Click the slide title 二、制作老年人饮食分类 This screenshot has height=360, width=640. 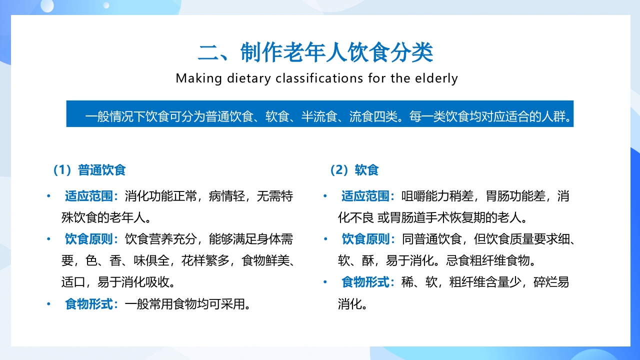point(315,52)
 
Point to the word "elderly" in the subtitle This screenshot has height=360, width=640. point(437,78)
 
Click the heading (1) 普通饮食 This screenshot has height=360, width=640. point(88,170)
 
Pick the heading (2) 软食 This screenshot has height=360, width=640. point(354,170)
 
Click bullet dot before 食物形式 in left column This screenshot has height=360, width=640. point(48,303)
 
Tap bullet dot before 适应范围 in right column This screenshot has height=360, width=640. point(325,196)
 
